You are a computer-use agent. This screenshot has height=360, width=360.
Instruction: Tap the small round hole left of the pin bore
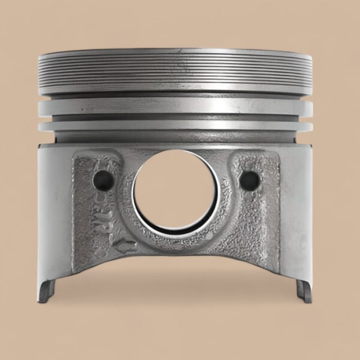pyautogui.click(x=103, y=180)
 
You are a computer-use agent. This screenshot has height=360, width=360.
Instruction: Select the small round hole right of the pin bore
pyautogui.click(x=249, y=180)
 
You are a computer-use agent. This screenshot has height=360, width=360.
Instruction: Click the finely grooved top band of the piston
pyautogui.click(x=175, y=69)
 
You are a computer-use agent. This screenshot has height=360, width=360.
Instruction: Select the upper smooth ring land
pyautogui.click(x=175, y=106)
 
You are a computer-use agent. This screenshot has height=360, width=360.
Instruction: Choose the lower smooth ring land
pyautogui.click(x=175, y=125)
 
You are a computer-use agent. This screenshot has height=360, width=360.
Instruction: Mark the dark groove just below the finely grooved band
pyautogui.click(x=175, y=96)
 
